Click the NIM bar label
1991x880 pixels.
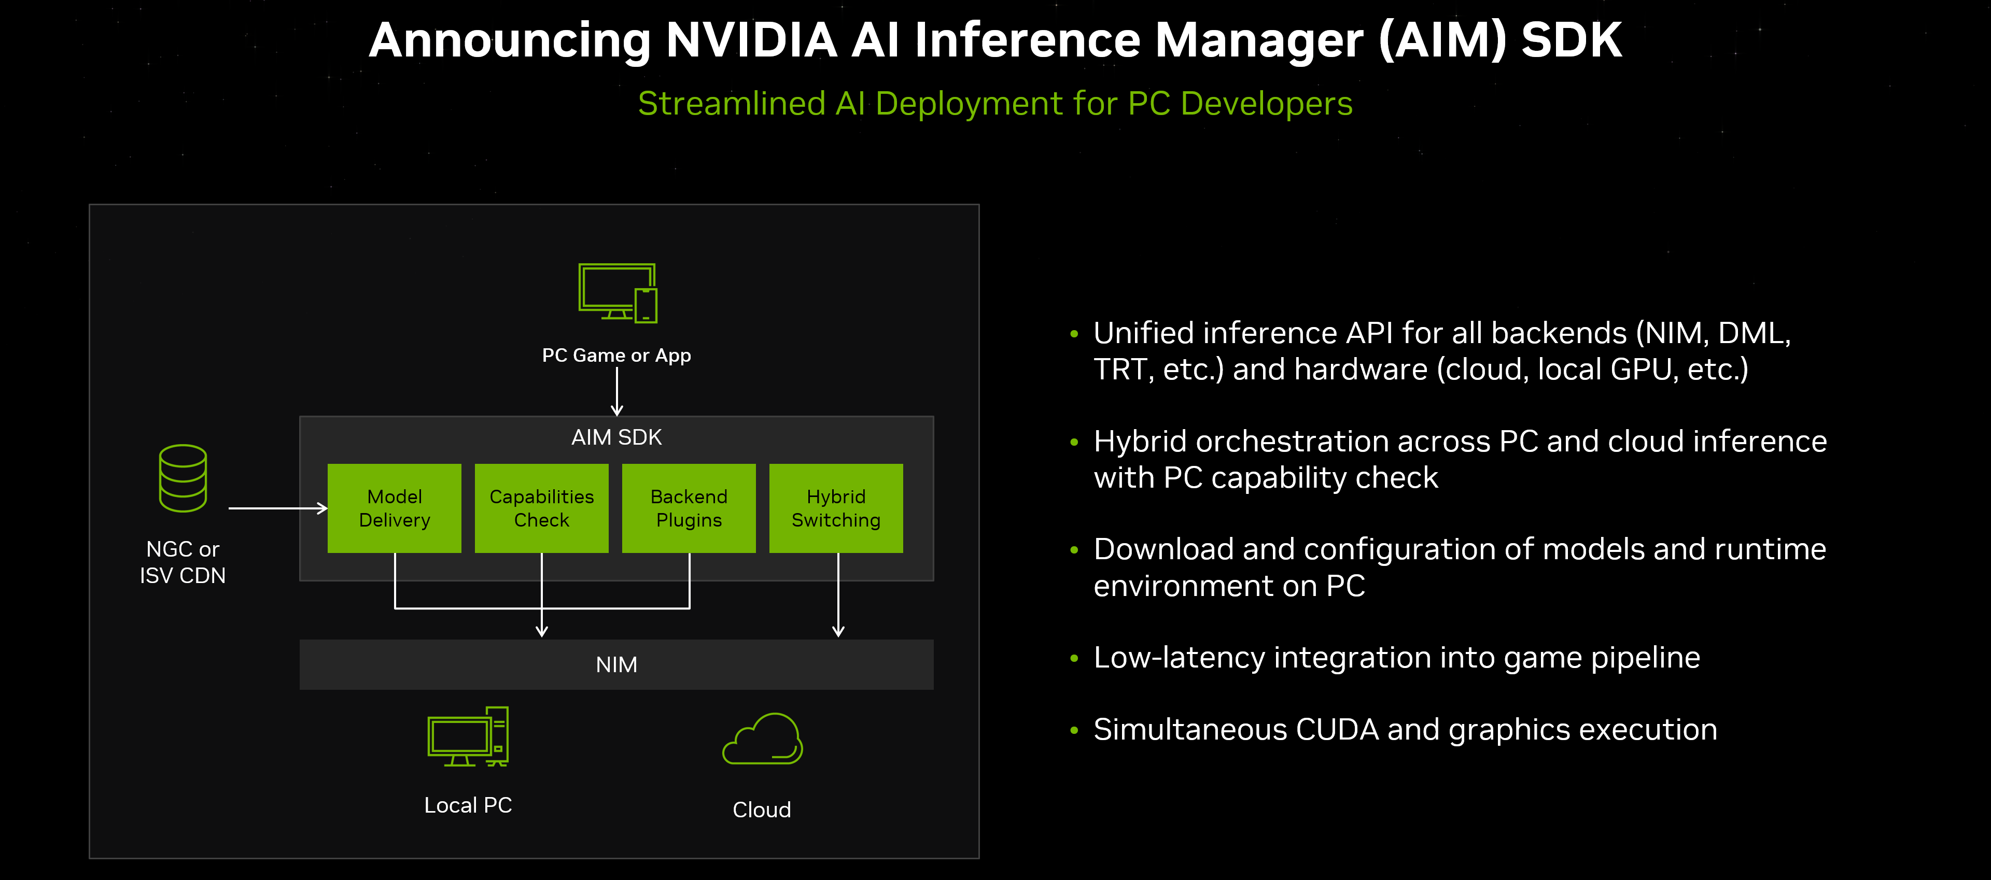[x=616, y=664]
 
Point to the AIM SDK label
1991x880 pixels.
[x=616, y=437]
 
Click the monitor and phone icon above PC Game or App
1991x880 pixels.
[x=617, y=293]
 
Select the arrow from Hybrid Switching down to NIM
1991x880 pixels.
[x=838, y=595]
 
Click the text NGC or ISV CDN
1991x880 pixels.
[x=183, y=562]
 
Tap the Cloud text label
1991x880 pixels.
[x=761, y=809]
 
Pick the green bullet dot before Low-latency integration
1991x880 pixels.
[x=1074, y=658]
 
